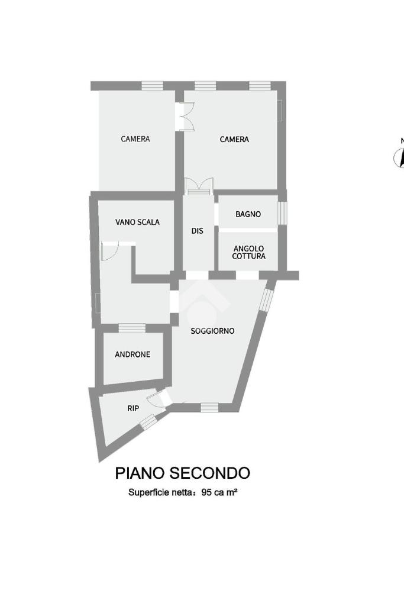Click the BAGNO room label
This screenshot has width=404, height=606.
click(248, 214)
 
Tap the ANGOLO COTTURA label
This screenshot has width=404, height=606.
click(248, 253)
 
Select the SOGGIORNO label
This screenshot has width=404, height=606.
click(212, 331)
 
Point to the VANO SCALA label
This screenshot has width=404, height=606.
click(137, 223)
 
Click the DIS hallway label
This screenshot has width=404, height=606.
click(197, 231)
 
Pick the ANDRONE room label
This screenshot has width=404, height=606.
click(132, 354)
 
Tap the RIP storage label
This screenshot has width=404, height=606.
click(133, 408)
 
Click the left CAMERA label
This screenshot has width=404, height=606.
click(135, 139)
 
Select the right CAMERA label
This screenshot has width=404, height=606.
click(234, 139)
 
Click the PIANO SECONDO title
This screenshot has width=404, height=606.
click(182, 473)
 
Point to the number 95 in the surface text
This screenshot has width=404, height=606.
click(206, 492)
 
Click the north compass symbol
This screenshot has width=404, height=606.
click(400, 157)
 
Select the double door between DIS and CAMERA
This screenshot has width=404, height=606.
click(197, 186)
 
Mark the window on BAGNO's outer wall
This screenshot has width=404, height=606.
click(282, 213)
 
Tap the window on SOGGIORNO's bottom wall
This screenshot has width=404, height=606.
click(209, 407)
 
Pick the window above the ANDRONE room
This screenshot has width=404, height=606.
click(131, 327)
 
